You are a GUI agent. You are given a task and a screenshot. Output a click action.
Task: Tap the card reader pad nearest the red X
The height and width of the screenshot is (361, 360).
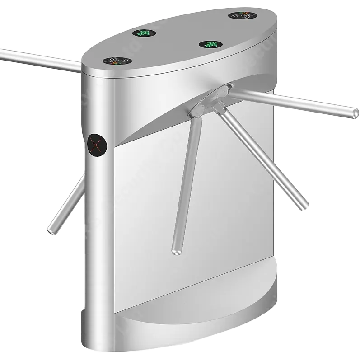tap(118, 61)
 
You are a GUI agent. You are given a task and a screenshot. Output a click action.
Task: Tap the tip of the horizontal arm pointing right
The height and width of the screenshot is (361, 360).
tap(354, 113)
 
